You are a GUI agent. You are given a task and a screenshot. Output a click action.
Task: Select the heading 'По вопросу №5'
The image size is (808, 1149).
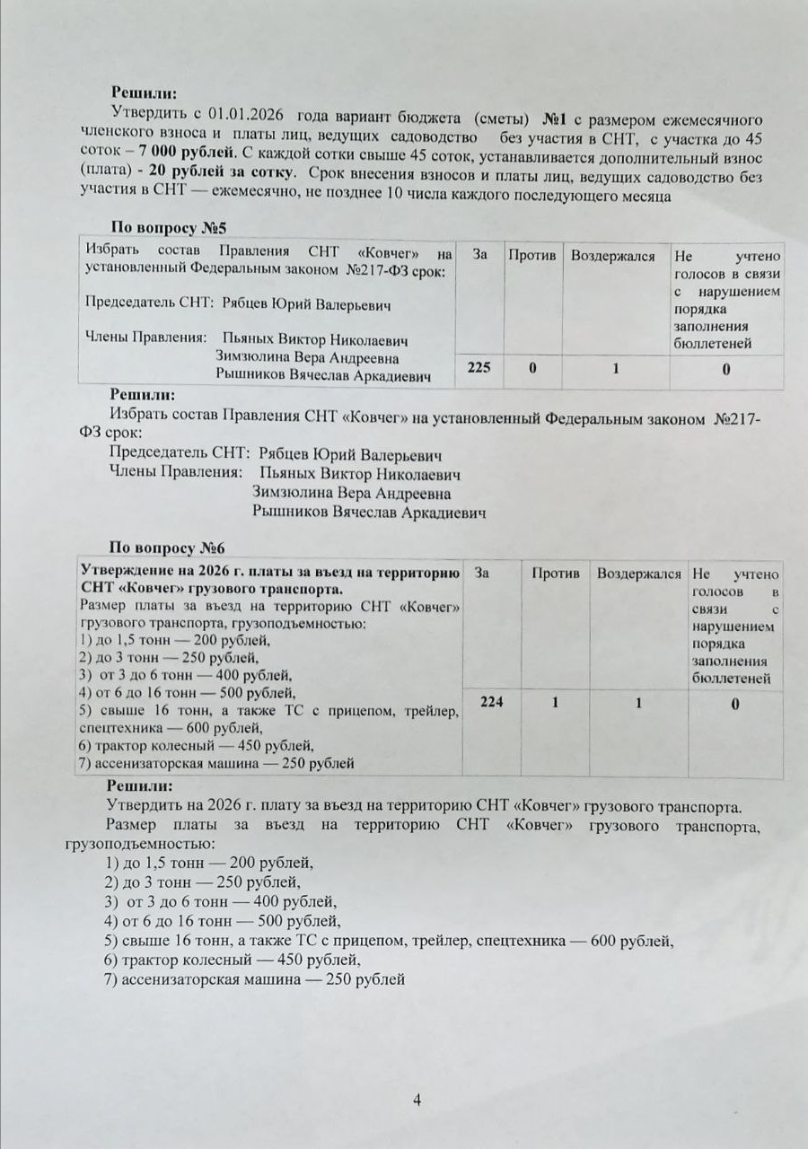click(x=165, y=227)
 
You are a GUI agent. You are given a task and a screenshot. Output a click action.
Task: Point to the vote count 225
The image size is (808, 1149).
click(x=479, y=368)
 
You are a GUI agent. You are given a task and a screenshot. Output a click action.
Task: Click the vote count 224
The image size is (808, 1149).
click(x=491, y=703)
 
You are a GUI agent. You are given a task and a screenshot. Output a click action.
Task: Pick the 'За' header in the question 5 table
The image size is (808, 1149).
click(x=480, y=256)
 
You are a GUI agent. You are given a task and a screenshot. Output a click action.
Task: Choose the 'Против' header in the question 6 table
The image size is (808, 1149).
click(x=556, y=573)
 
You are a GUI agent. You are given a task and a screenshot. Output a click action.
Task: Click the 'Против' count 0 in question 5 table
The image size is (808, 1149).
click(x=532, y=368)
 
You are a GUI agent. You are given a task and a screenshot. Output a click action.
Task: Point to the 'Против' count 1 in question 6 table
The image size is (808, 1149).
click(x=556, y=704)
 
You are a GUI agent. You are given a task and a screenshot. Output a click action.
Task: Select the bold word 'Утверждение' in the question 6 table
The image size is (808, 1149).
click(x=124, y=573)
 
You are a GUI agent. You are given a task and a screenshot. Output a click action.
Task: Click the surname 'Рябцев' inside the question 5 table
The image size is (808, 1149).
click(x=243, y=306)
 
